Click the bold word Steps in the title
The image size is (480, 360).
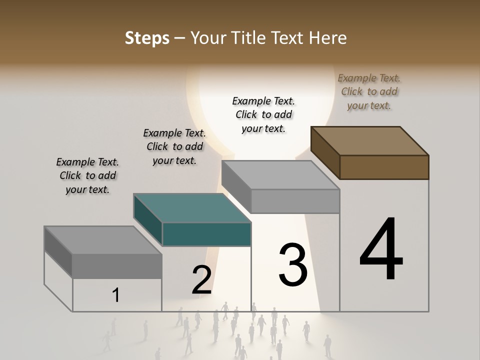(x=147, y=38)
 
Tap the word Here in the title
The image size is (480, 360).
(x=328, y=38)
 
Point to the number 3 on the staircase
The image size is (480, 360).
(x=293, y=264)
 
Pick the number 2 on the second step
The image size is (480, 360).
(x=201, y=279)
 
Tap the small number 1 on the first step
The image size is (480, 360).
(x=116, y=295)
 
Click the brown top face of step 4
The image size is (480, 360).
(x=370, y=140)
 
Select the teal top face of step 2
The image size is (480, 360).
(x=192, y=208)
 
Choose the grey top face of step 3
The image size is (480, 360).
(x=280, y=175)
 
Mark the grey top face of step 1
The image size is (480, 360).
(x=103, y=240)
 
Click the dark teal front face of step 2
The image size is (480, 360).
(x=206, y=234)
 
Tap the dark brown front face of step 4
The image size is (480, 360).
(x=384, y=167)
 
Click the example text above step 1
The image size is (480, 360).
(x=87, y=175)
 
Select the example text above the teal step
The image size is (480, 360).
(x=174, y=146)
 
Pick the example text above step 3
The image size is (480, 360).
(x=263, y=114)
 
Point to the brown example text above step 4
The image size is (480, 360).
(x=369, y=91)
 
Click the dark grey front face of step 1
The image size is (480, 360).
(x=117, y=266)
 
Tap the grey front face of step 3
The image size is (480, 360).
(x=295, y=201)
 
